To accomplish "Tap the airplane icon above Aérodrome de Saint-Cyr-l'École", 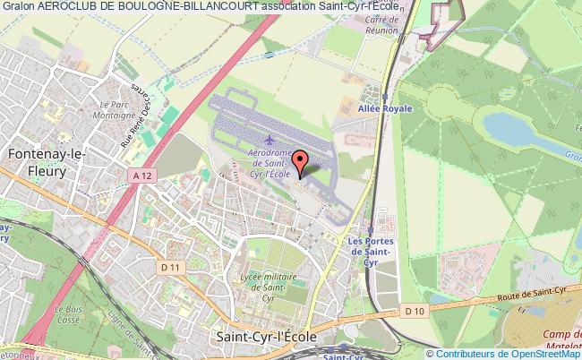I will click(x=270, y=140).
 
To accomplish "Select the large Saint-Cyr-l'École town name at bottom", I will click(x=265, y=335).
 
